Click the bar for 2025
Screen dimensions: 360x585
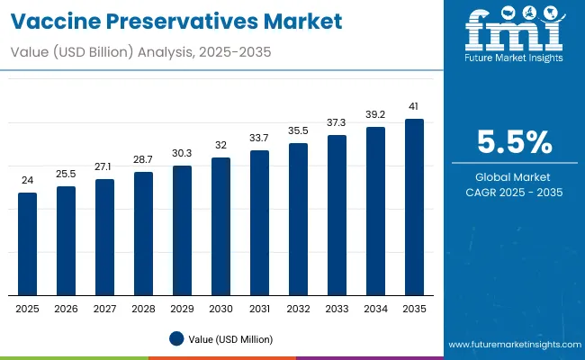[28, 244]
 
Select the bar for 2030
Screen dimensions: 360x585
[220, 227]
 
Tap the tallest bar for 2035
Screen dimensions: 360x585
[414, 207]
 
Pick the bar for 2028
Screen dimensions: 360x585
[144, 234]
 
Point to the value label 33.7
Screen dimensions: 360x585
[259, 138]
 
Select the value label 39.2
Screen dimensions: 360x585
[375, 114]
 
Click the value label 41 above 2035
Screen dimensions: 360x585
[414, 106]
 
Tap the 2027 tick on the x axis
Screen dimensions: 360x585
[105, 308]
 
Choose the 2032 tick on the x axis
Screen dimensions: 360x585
[298, 308]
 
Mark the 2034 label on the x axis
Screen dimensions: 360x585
[375, 308]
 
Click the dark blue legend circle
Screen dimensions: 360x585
[178, 338]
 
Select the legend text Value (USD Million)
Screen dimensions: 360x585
[231, 338]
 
